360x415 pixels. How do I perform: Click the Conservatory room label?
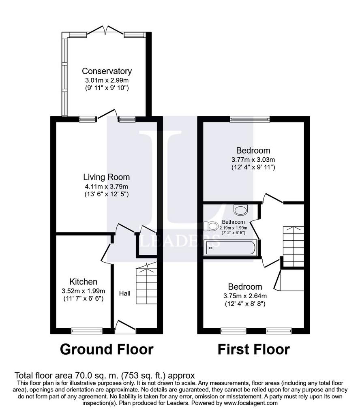107,71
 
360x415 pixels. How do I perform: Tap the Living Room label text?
106,177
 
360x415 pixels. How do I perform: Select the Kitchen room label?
83,282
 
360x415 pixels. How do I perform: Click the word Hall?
124,293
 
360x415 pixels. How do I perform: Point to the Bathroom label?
233,222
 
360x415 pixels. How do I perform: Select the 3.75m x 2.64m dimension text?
245,295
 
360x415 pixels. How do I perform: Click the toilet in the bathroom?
211,226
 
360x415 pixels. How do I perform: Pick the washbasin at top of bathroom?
241,210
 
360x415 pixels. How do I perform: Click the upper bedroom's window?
249,119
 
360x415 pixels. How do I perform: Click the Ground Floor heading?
107,349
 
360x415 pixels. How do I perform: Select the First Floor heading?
254,349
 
